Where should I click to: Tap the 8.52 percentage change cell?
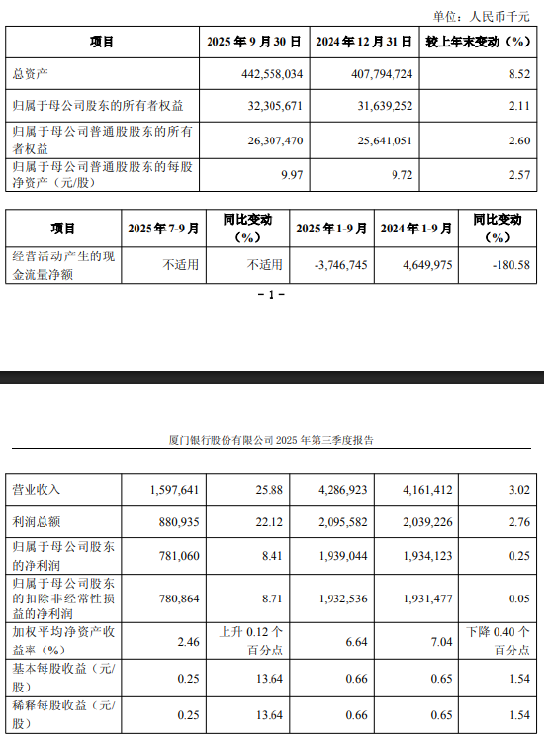click(519, 74)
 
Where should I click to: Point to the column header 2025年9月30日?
click(256, 43)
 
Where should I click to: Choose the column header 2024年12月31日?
click(364, 43)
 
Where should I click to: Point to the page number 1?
click(271, 295)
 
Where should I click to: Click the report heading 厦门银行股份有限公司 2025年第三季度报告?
click(272, 440)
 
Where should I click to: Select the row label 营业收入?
click(35, 489)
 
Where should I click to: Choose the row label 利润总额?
click(35, 521)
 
